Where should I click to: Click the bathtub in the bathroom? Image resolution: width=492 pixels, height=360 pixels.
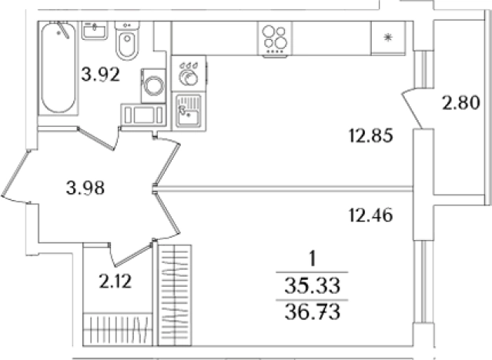click(58, 68)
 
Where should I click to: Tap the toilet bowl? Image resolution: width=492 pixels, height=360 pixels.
click(127, 41)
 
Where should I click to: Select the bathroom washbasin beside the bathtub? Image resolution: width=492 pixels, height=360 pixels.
click(95, 31)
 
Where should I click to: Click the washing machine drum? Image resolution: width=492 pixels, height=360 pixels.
click(154, 85)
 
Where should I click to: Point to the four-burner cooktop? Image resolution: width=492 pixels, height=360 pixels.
click(275, 39)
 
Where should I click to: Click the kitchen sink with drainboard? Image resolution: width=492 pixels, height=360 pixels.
click(189, 111)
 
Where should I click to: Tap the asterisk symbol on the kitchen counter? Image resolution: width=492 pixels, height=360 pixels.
click(388, 38)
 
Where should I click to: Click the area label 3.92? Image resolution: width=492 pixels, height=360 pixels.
click(101, 75)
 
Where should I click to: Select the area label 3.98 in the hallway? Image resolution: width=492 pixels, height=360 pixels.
click(85, 188)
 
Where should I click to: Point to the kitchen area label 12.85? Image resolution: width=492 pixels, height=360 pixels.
click(371, 136)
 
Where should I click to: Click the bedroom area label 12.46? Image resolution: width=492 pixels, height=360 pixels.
click(370, 215)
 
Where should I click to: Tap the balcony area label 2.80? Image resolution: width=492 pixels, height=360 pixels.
click(461, 102)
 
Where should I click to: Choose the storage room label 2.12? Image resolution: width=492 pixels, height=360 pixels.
click(115, 281)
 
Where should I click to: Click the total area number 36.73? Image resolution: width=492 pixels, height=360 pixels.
click(312, 312)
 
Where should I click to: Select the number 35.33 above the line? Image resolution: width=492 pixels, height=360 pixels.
click(312, 286)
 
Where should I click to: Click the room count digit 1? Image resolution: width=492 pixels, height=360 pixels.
click(312, 260)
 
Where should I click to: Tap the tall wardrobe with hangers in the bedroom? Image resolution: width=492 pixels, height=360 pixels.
click(175, 295)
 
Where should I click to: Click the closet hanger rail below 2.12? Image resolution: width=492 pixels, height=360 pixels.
click(119, 329)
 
